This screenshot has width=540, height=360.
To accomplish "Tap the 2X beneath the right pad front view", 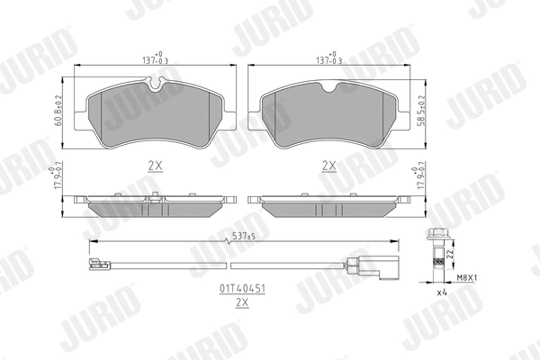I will point(329,166).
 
